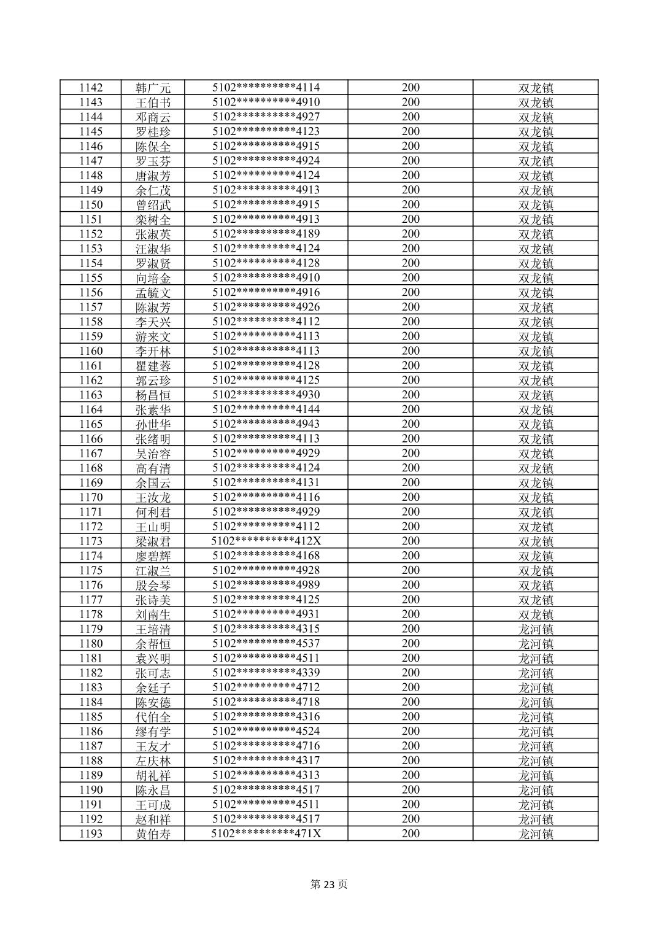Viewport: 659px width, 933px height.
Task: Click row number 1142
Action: [91, 88]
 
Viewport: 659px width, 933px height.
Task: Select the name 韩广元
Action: [153, 88]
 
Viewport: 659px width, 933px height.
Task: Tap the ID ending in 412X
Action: [266, 541]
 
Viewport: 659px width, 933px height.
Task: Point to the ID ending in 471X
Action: [266, 834]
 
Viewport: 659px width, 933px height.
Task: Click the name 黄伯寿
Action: [153, 834]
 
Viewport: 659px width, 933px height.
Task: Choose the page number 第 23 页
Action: [329, 885]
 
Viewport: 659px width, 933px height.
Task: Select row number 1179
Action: [91, 629]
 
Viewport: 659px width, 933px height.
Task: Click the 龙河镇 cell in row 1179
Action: [536, 629]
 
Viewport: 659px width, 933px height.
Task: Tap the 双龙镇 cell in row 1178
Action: [536, 614]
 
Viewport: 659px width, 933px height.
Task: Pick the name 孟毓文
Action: [153, 293]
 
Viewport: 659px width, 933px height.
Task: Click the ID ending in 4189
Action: [266, 234]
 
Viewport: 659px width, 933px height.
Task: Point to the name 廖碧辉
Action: [153, 556]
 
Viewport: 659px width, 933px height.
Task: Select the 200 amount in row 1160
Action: [410, 351]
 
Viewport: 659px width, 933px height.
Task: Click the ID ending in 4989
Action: [266, 585]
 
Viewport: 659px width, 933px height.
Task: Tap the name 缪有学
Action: [153, 732]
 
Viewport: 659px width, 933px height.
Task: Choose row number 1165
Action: [91, 424]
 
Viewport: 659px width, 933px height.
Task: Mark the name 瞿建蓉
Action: [153, 366]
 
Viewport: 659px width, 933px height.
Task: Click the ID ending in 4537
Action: [266, 643]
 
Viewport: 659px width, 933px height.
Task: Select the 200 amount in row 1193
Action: [410, 834]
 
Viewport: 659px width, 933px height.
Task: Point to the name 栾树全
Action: [153, 220]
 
